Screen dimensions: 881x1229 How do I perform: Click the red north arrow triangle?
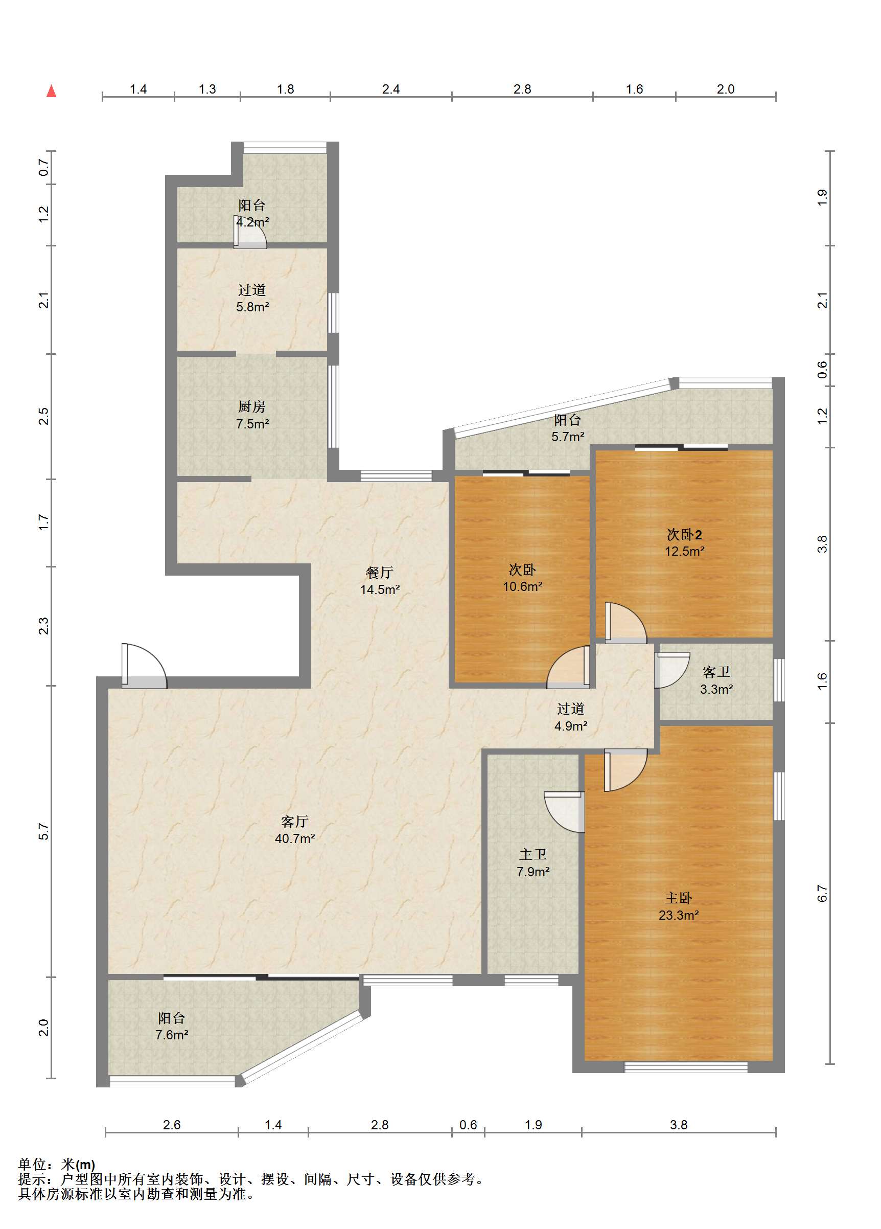coord(52,91)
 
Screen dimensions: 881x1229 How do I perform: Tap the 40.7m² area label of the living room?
coord(295,838)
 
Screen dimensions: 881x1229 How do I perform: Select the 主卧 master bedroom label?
coord(678,898)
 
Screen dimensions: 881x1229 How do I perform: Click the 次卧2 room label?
coord(684,535)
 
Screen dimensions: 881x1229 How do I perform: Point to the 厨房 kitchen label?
coord(252,406)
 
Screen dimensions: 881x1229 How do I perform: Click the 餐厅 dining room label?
coord(379,572)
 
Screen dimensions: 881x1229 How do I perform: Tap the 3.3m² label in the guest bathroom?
coord(716,689)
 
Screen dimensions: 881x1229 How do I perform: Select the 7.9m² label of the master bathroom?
coord(533,872)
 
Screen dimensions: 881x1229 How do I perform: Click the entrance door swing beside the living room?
coord(144,666)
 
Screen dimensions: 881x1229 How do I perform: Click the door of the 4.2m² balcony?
coord(250,232)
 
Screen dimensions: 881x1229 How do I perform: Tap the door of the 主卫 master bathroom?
coord(565,812)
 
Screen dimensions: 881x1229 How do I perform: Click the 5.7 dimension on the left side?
coord(44,832)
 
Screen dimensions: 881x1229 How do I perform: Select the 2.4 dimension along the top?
coord(390,89)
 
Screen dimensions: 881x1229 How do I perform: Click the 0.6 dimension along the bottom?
coord(468,1125)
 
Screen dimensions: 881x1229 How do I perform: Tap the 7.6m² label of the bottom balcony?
coord(172,1035)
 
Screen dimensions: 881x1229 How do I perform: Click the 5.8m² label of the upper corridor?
coord(252,307)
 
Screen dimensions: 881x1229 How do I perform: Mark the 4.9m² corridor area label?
coord(570,726)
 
